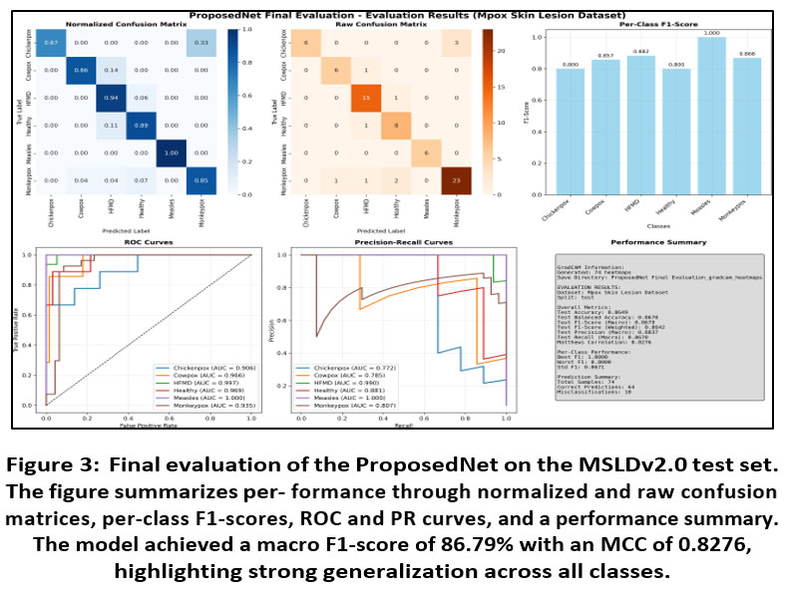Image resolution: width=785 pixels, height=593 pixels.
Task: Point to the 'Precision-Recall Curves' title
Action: coord(397,243)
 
